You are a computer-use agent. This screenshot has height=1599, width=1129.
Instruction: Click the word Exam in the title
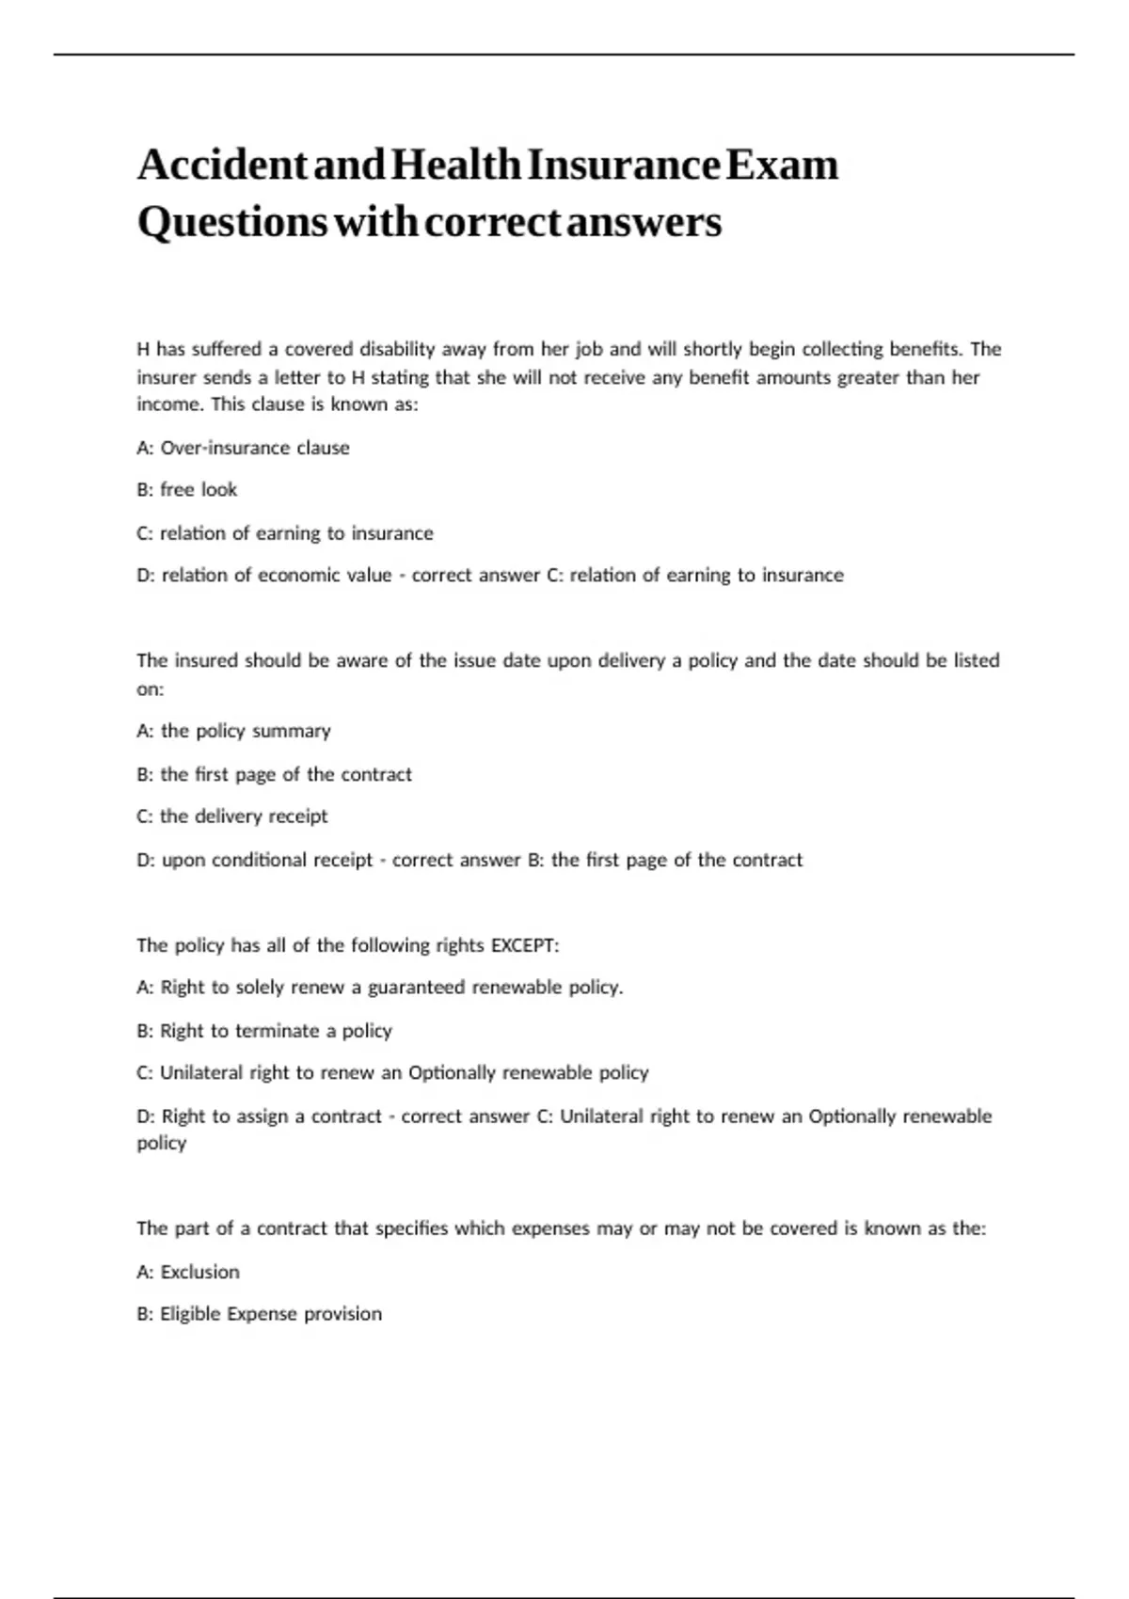point(782,166)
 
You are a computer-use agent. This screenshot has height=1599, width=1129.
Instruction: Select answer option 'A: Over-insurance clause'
point(243,448)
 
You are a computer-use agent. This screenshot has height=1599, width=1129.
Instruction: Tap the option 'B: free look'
point(186,490)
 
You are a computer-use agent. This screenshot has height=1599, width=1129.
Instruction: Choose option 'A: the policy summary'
point(233,731)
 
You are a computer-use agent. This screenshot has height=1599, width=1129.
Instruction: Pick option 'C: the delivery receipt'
point(231,816)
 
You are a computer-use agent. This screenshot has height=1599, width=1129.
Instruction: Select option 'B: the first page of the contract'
point(274,774)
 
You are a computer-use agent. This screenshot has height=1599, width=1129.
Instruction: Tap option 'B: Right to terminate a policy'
point(263,1031)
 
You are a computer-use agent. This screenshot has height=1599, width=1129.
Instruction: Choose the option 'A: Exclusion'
point(188,1272)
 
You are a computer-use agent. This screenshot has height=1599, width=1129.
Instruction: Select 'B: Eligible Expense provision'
point(259,1314)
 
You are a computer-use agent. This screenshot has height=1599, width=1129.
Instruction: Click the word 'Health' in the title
point(455,166)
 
